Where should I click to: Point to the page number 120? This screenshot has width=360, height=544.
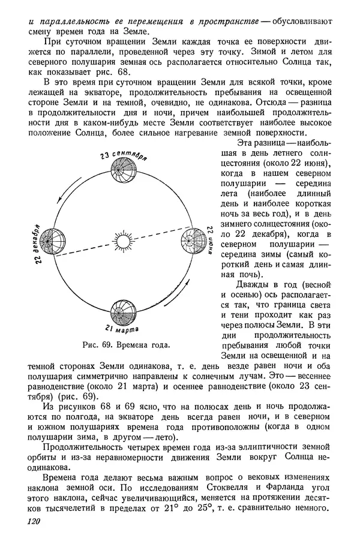(x=34, y=523)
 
